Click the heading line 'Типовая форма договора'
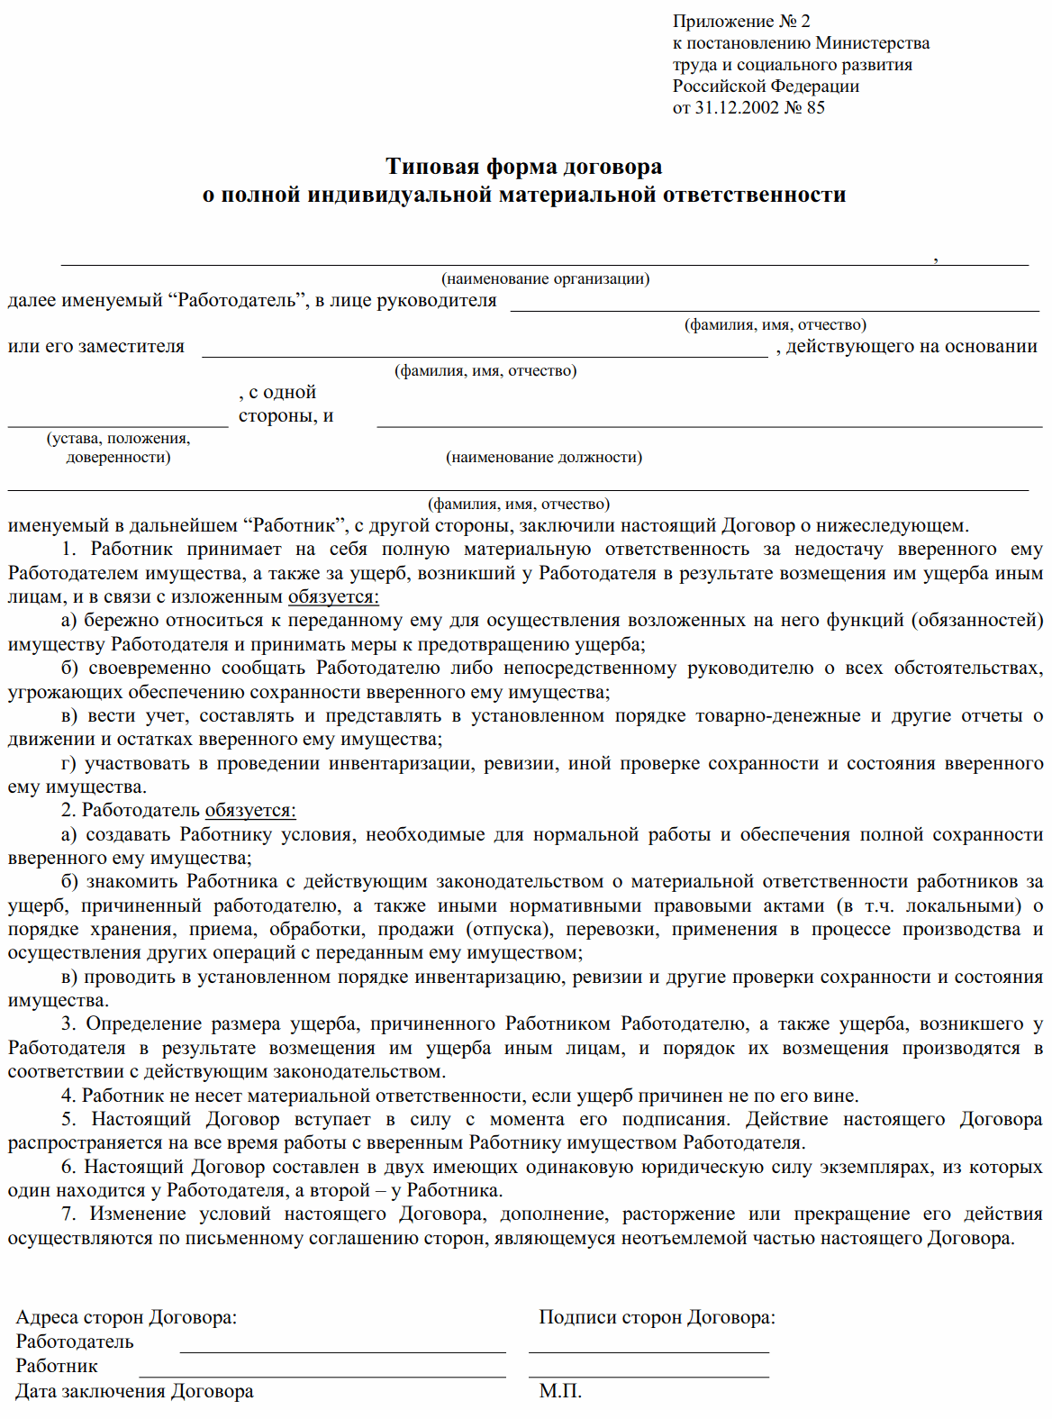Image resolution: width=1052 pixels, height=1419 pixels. click(x=523, y=167)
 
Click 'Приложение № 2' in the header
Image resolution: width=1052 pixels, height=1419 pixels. click(x=740, y=21)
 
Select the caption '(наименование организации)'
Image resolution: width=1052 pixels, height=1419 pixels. click(x=545, y=278)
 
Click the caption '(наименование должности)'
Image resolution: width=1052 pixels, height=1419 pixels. click(x=544, y=457)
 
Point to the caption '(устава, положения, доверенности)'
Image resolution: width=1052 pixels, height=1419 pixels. click(x=118, y=448)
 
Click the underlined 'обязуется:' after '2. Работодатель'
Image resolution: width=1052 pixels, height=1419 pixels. click(x=250, y=810)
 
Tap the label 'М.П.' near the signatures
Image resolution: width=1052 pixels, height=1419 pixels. click(x=560, y=1391)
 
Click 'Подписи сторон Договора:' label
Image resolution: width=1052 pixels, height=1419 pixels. click(x=657, y=1317)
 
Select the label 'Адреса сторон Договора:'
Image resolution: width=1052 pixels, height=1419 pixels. click(x=126, y=1317)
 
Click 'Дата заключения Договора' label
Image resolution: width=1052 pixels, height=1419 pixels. click(x=134, y=1391)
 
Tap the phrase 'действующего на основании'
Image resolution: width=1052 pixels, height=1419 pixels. click(x=911, y=346)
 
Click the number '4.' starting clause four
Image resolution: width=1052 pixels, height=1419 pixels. click(x=68, y=1096)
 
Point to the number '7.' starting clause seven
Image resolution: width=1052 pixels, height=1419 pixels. click(x=68, y=1214)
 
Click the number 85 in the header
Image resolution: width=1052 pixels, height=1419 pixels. click(x=815, y=107)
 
